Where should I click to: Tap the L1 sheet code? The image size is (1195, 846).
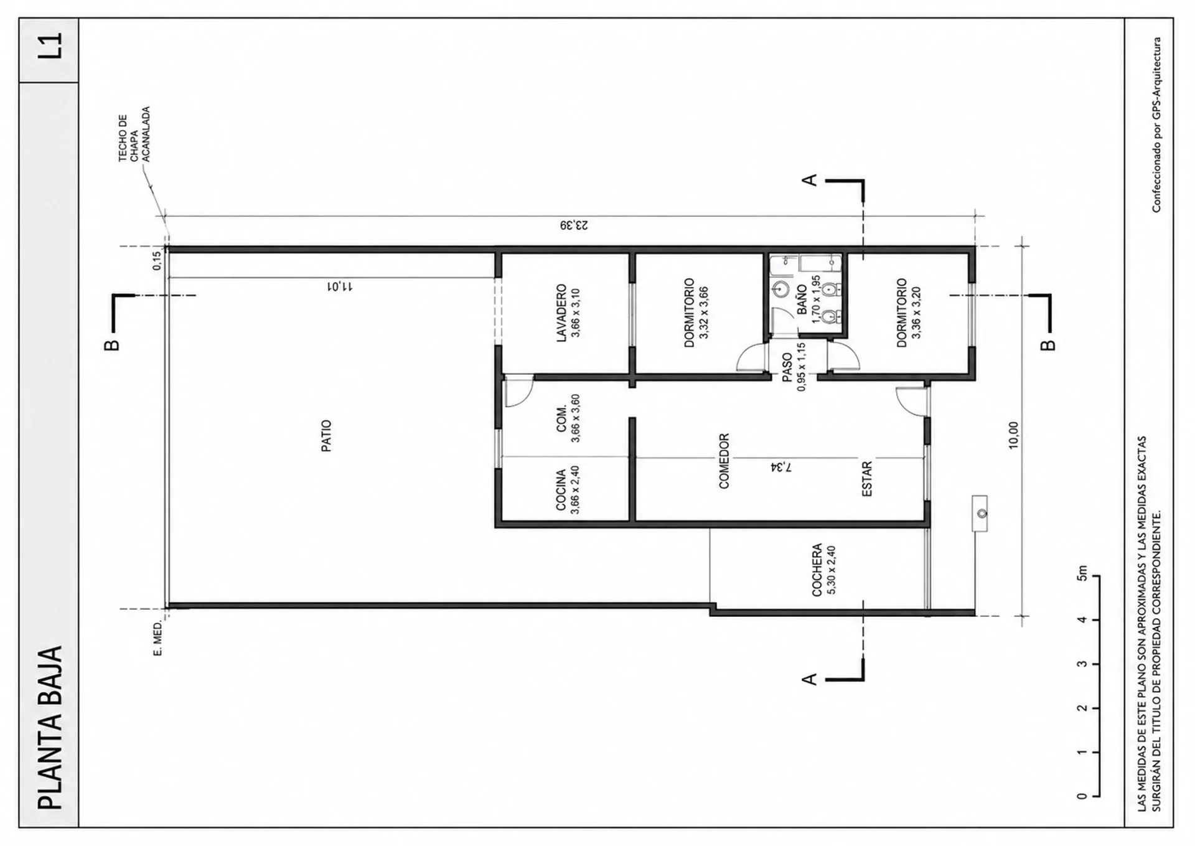(50, 46)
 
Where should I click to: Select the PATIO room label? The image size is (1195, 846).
(326, 436)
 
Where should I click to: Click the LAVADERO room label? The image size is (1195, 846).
(561, 313)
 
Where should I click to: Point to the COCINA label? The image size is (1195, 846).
(561, 490)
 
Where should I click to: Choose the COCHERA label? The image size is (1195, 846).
(817, 570)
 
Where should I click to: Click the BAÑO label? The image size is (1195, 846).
(802, 299)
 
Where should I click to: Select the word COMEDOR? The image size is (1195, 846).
(724, 461)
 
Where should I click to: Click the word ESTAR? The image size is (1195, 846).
(867, 479)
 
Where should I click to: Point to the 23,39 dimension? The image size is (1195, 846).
(573, 225)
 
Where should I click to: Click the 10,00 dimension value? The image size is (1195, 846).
(1013, 435)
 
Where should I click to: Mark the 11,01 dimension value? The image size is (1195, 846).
(340, 286)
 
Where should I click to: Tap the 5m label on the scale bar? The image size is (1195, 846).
(1082, 573)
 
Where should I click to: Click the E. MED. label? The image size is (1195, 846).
(157, 637)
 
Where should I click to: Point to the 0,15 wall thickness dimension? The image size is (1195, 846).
(157, 260)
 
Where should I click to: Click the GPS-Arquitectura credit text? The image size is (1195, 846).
(1156, 125)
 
